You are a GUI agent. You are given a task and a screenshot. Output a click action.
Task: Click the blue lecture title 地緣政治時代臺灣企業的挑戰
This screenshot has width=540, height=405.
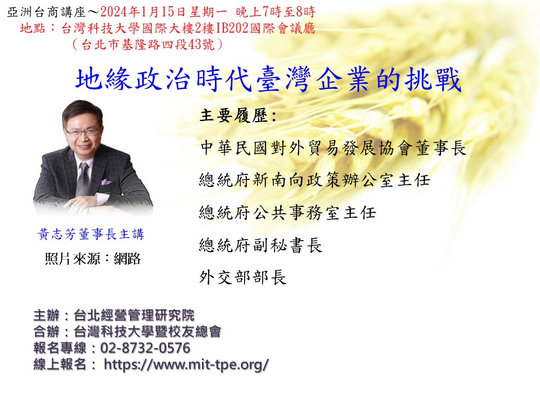[x=268, y=79]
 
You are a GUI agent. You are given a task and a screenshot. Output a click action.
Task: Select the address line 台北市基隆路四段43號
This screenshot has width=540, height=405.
[x=147, y=44]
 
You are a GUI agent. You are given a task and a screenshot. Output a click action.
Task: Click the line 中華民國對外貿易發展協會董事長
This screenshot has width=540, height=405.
[x=333, y=148]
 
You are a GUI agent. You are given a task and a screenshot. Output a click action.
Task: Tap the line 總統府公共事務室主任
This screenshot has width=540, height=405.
[x=287, y=213]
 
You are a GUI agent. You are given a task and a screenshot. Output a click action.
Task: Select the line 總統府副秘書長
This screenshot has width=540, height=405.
[x=260, y=245]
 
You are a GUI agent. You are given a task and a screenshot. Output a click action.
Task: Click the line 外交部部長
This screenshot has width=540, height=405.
[x=243, y=277]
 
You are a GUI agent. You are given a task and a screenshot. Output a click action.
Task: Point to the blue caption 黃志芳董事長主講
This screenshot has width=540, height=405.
[x=91, y=234]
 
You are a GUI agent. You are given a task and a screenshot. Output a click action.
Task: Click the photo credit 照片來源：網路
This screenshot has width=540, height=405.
[x=93, y=259]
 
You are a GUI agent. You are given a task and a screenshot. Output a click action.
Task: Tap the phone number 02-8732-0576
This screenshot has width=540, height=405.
[x=145, y=348]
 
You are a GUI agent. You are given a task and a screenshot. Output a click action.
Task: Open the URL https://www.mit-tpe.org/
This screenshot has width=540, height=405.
[x=186, y=364]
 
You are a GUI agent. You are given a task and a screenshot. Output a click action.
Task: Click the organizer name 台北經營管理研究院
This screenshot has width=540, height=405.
[x=134, y=315]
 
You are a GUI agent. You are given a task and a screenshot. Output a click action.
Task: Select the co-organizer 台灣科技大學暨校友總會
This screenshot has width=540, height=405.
[x=147, y=331]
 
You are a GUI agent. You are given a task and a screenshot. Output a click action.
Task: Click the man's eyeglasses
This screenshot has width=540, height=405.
[x=83, y=132]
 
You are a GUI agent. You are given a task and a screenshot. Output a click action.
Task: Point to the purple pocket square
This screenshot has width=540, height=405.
[x=105, y=182]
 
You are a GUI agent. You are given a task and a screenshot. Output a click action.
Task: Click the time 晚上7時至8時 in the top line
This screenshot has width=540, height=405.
[x=276, y=12]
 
